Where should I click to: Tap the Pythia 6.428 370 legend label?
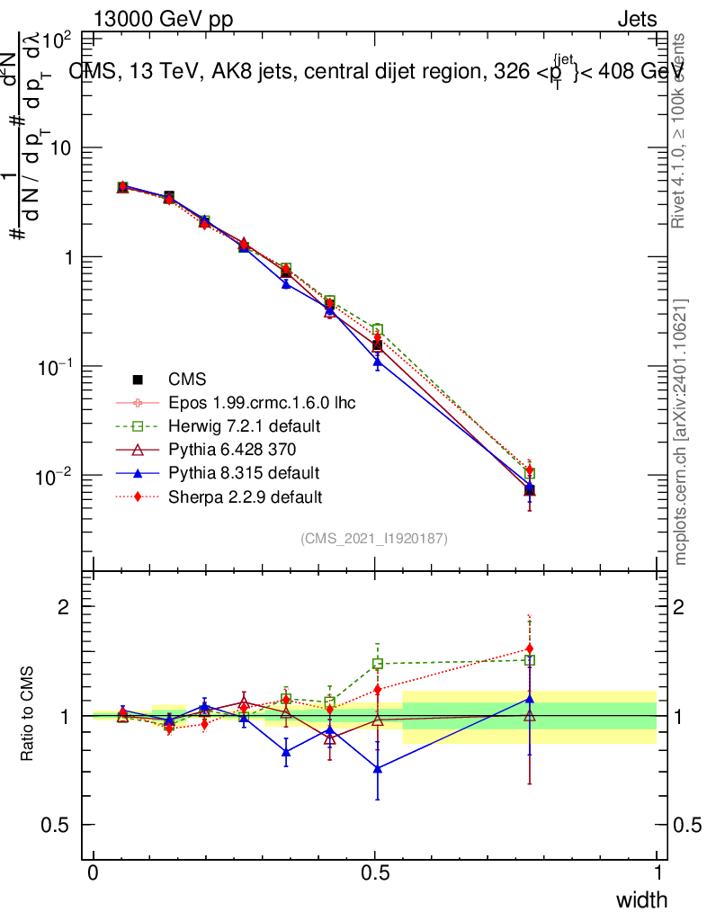pos(232,449)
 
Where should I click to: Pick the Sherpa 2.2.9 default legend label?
pos(245,496)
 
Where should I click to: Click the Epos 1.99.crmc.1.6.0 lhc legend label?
pos(262,402)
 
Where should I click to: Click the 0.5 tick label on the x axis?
pos(375,872)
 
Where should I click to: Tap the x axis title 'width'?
pos(640,899)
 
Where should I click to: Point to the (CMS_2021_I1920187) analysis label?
pos(374,538)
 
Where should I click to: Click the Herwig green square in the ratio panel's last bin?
pos(530,660)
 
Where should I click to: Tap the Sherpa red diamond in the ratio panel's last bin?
pos(530,648)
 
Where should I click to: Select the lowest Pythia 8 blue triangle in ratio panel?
pos(378,769)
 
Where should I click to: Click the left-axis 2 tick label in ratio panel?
pos(64,607)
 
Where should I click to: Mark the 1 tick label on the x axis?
pos(658,872)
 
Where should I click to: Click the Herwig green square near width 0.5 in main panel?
pos(378,329)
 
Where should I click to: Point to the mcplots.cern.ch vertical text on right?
pos(681,432)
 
